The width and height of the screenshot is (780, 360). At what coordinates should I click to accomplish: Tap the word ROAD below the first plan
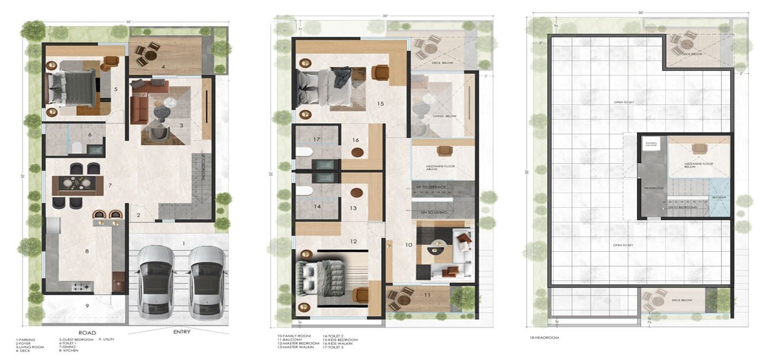pos(88,332)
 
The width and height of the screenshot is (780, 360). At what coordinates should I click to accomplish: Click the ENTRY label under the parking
pos(182,332)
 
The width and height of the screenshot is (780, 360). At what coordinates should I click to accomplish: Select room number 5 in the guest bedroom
pos(116,89)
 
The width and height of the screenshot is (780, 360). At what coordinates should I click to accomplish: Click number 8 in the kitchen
pos(87,251)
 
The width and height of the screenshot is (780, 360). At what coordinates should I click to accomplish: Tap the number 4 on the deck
pos(164,67)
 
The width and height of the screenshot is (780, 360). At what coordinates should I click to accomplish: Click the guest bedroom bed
pos(72,88)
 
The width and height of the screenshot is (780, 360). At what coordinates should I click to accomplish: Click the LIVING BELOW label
pos(444,116)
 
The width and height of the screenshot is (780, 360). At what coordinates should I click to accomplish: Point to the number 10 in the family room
pos(408,245)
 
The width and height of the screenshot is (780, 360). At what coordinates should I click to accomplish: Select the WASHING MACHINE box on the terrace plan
pos(651,144)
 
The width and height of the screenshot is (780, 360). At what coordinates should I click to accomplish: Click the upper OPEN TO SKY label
pos(623,103)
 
